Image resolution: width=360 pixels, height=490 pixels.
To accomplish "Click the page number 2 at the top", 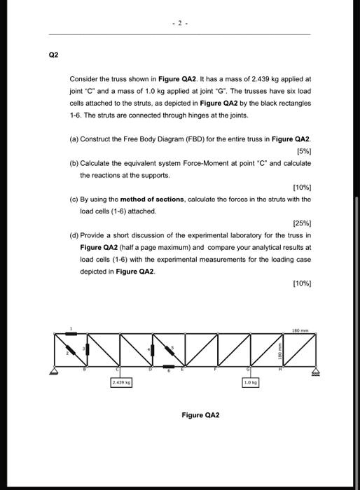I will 179,22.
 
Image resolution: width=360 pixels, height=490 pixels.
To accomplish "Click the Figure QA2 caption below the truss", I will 200,415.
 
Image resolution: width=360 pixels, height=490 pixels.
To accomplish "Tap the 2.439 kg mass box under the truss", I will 119,383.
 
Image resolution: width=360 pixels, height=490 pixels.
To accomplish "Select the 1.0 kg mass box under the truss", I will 250,383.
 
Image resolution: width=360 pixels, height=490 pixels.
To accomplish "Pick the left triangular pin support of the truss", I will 53,370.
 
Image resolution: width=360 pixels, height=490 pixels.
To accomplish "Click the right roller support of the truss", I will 314,370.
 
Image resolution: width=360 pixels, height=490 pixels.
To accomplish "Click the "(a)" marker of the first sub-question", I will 74,139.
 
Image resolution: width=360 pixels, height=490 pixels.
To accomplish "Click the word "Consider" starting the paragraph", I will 83,80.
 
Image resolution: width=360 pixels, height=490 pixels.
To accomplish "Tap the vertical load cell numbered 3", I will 85,351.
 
